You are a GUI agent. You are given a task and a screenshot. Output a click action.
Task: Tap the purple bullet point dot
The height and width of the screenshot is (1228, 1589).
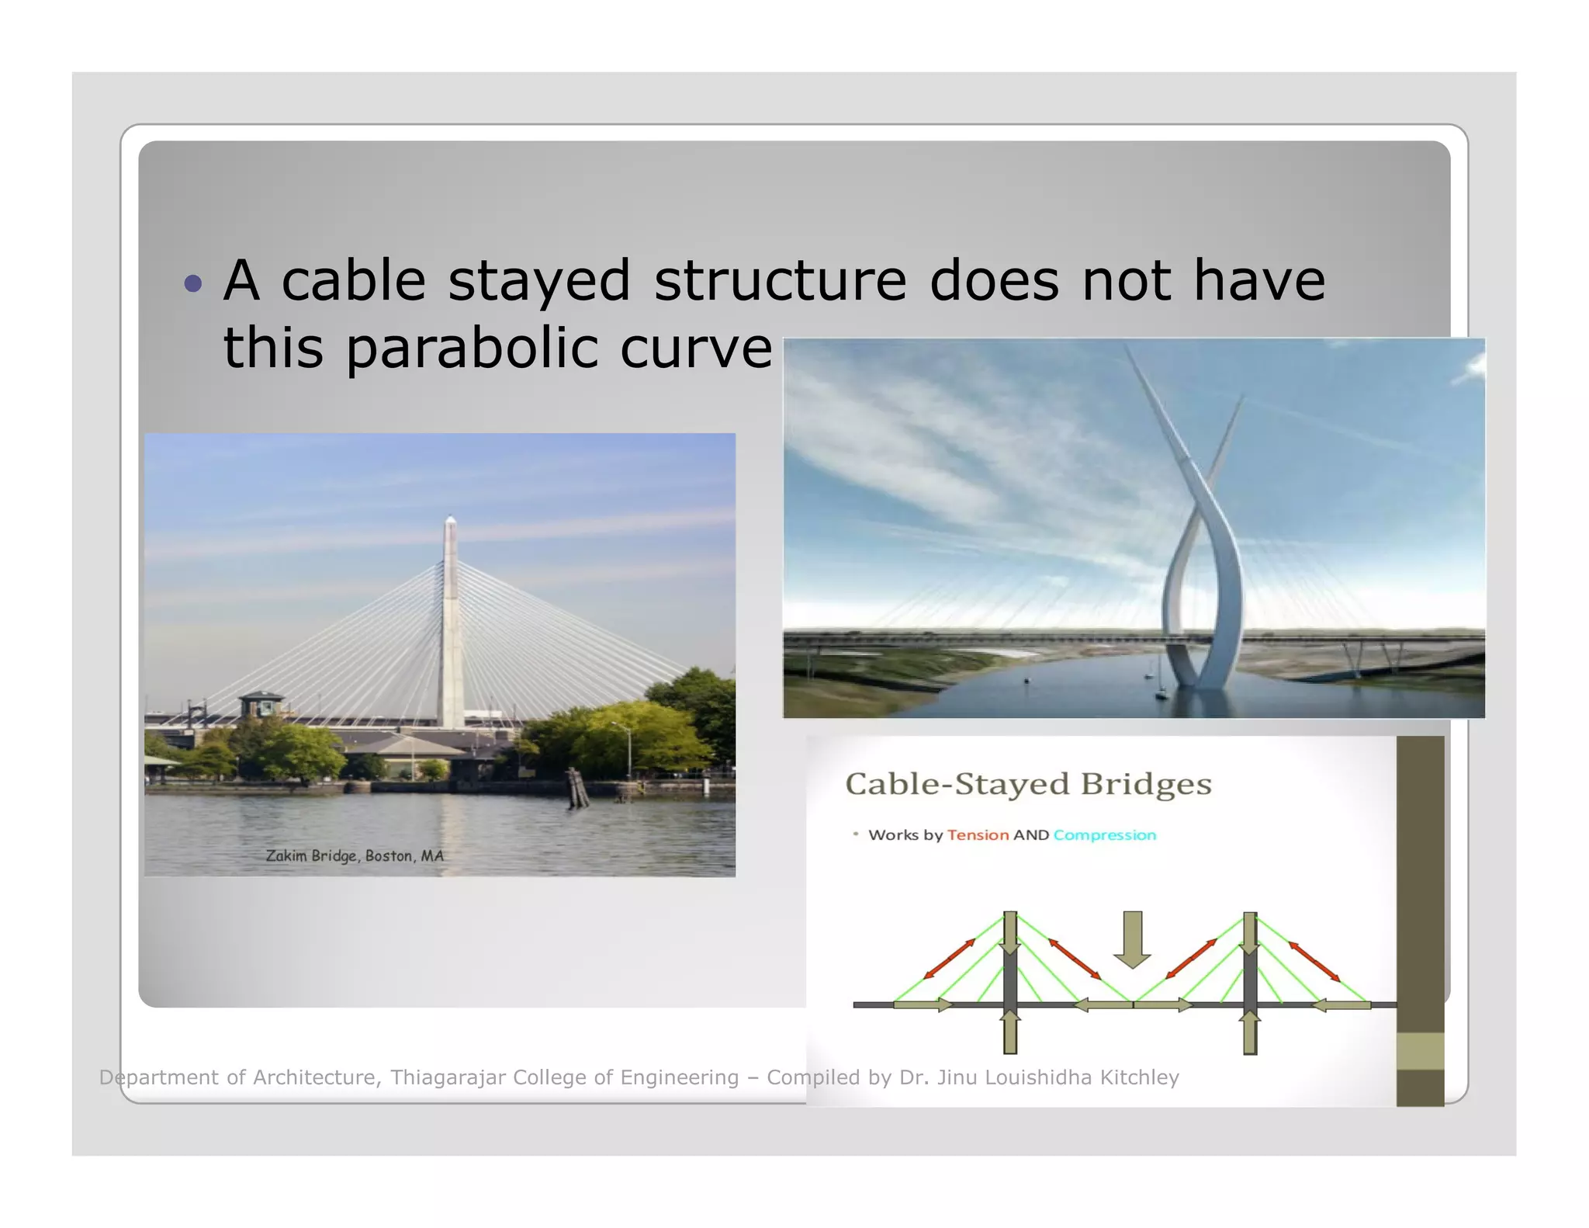[193, 283]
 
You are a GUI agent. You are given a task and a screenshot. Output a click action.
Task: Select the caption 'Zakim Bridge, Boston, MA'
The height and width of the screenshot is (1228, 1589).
[355, 855]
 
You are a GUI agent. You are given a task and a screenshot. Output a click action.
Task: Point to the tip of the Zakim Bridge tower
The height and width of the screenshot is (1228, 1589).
[450, 518]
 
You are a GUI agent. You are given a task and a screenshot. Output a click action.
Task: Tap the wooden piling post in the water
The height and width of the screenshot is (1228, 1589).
[576, 787]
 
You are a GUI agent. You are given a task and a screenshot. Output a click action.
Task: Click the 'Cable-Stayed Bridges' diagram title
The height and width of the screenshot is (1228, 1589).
[1028, 784]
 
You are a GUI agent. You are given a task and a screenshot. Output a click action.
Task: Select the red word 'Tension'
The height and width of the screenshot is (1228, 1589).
[978, 835]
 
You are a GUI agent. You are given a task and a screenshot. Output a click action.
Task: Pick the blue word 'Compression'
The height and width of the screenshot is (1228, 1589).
[1104, 835]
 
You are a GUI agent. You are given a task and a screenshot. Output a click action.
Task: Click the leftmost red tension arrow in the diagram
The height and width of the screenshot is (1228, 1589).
[950, 959]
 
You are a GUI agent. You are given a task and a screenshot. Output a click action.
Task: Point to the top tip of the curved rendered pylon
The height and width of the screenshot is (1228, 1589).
[1127, 346]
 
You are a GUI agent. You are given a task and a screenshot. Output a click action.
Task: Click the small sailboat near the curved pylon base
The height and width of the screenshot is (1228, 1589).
[1161, 693]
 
